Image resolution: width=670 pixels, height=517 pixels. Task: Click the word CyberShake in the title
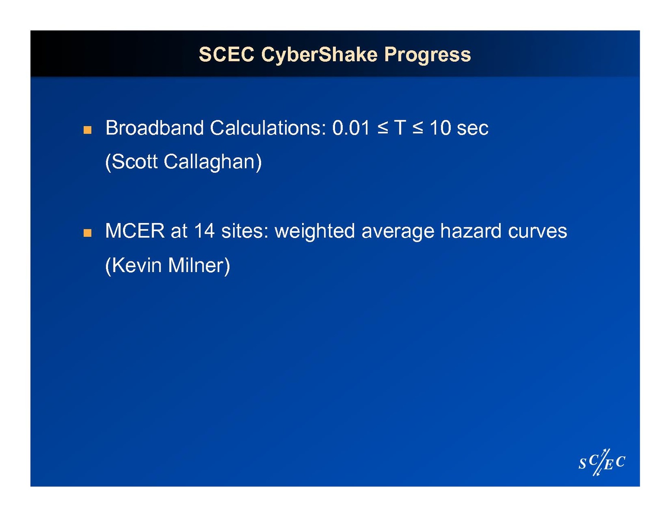[319, 55]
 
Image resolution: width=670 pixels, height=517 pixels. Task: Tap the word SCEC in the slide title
[227, 54]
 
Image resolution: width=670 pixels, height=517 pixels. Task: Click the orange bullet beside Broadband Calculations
[87, 130]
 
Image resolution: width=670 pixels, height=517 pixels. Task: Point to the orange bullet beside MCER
[87, 233]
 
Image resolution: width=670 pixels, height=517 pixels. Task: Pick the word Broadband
[155, 128]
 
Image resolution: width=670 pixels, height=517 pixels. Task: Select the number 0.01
[351, 128]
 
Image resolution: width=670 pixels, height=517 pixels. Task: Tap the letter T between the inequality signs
[400, 128]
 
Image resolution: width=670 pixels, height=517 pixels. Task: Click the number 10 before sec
[440, 128]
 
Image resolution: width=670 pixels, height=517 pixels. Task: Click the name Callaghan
[213, 162]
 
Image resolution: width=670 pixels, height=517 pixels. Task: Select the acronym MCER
[135, 231]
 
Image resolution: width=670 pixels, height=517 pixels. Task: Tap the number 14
[204, 231]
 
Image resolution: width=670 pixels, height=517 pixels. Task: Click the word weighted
[315, 232]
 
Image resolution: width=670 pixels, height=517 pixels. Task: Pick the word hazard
[471, 231]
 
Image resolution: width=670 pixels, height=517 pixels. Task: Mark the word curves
[537, 232]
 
